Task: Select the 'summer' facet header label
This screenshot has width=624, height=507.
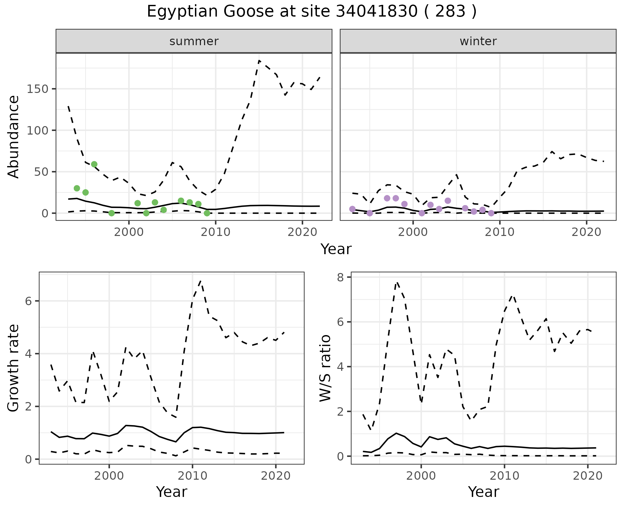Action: tap(194, 41)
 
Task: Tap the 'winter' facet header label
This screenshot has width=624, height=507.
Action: tap(478, 41)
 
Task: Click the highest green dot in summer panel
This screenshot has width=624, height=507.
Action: tap(94, 164)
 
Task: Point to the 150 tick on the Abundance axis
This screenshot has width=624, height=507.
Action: tap(37, 89)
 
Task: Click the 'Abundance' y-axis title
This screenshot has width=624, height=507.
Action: tap(13, 136)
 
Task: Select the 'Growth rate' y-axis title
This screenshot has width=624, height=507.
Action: tap(13, 368)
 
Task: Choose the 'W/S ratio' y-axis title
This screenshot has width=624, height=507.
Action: tap(325, 368)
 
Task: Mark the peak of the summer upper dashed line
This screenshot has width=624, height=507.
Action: tap(259, 60)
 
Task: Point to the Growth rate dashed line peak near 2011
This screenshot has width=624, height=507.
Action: tap(201, 281)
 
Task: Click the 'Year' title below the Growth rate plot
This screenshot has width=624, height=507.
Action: tap(172, 492)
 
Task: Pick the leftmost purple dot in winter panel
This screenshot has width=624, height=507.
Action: tap(352, 209)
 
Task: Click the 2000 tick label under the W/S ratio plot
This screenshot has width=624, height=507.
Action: tap(421, 476)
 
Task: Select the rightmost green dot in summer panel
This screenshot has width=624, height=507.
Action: tap(207, 213)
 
